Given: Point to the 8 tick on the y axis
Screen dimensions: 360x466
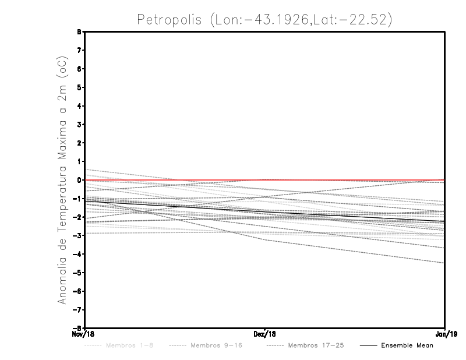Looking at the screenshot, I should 79,32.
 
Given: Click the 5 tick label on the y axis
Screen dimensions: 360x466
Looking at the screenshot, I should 79,87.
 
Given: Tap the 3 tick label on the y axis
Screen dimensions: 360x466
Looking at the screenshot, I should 79,125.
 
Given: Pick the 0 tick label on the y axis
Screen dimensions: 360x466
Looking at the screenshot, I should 79,180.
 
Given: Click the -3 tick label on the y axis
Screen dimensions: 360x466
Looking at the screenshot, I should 78,236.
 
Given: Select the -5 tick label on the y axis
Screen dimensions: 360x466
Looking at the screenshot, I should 78,273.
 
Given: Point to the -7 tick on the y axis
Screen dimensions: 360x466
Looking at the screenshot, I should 78,310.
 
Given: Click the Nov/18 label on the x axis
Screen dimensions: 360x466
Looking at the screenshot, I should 84,334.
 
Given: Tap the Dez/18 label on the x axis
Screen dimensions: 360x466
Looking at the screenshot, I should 265,334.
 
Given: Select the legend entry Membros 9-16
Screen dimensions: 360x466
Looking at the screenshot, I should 216,345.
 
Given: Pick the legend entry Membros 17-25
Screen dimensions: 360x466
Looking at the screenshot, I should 316,345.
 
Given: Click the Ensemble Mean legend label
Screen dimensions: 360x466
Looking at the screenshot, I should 407,345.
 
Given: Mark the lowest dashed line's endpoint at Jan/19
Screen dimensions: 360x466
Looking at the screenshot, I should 444,263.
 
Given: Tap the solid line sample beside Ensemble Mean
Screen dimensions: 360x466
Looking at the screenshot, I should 368,346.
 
